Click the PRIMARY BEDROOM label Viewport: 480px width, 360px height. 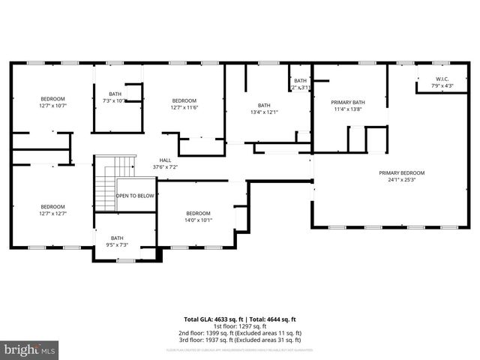point(406,172)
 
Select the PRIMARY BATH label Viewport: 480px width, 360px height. point(348,102)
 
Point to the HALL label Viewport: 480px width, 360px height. point(164,160)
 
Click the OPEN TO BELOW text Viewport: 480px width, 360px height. point(135,196)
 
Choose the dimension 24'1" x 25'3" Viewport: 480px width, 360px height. point(406,180)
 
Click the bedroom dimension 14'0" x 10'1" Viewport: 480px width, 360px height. point(199,220)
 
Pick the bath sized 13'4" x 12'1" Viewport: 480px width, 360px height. point(264,112)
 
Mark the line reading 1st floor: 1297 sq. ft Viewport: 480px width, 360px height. point(240,326)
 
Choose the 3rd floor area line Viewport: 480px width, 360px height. point(240,340)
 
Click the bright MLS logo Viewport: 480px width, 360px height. point(30,349)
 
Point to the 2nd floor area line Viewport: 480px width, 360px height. point(240,333)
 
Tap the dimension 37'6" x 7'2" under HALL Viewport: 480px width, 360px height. point(165,167)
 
